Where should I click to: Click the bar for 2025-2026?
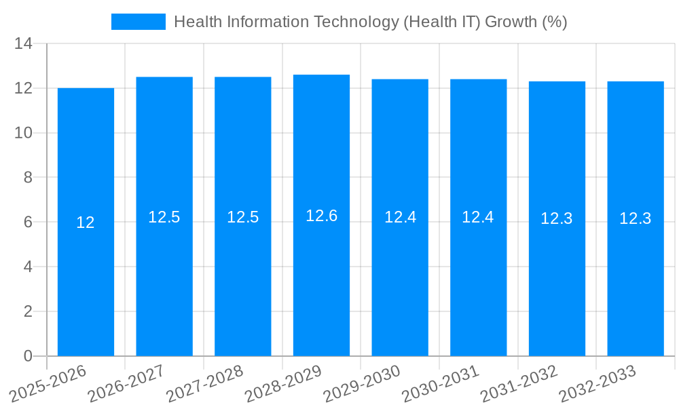[86, 285]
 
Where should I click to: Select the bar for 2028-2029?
[321, 285]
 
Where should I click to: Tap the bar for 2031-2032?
[557, 285]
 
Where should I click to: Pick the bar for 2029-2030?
[400, 285]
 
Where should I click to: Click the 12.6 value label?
[321, 216]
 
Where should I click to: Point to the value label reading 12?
[86, 222]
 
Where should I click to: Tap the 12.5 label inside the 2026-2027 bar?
[164, 217]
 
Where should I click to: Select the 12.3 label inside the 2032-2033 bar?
[636, 218]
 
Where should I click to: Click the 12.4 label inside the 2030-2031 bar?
[478, 217]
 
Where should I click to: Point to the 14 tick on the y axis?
[24, 44]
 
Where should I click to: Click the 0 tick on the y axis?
[28, 356]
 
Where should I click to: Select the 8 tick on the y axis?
[28, 178]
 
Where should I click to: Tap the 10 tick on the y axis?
[24, 133]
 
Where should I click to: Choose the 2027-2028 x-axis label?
[205, 383]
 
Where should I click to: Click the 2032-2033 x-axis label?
[598, 383]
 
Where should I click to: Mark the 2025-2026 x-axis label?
[48, 383]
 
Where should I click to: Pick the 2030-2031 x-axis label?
[441, 383]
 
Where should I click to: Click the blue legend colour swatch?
[139, 22]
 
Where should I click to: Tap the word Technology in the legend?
[355, 22]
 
